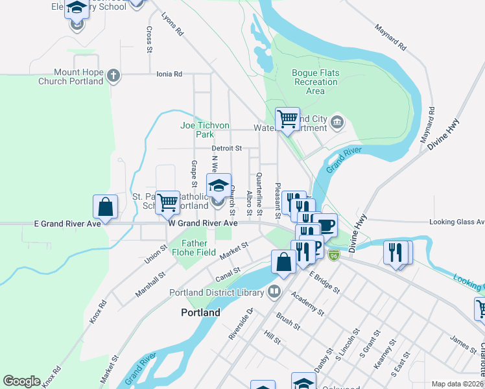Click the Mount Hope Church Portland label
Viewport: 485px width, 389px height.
(71, 77)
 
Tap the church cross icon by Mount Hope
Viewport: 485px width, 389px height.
(113, 76)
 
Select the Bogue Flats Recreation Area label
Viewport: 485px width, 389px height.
(315, 82)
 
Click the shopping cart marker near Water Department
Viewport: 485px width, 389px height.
(287, 119)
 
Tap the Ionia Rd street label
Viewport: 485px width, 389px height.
(169, 75)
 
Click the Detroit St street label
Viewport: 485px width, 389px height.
(226, 148)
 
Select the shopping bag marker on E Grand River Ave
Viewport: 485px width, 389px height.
(106, 207)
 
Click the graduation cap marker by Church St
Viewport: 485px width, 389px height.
(219, 186)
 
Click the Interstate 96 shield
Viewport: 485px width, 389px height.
(334, 255)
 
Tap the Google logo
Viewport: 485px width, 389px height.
(22, 381)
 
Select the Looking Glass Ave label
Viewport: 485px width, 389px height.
(456, 222)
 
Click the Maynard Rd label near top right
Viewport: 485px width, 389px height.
(390, 39)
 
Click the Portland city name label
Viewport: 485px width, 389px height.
(200, 312)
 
